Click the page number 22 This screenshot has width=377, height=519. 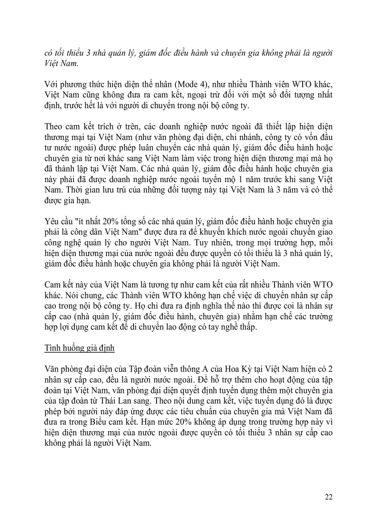click(328, 497)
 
